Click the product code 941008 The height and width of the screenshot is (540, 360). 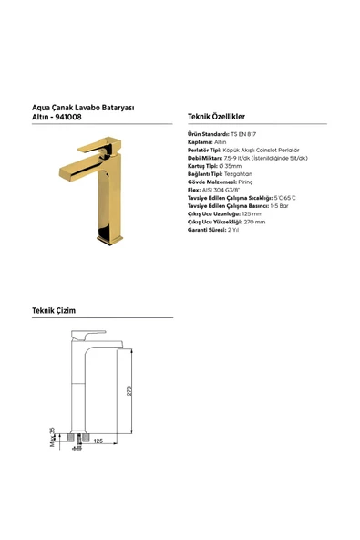click(x=72, y=117)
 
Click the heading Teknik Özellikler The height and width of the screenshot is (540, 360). click(x=216, y=117)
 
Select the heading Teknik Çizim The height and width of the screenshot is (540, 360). click(x=54, y=310)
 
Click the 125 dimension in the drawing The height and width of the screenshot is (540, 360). click(x=98, y=441)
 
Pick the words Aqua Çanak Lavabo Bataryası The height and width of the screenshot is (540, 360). click(x=83, y=107)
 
